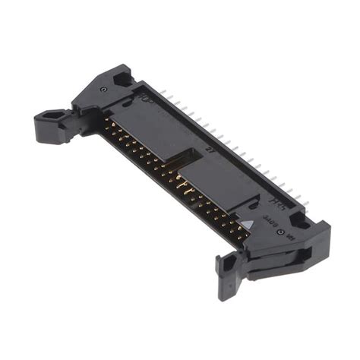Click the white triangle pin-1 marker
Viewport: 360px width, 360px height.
pyautogui.click(x=247, y=225)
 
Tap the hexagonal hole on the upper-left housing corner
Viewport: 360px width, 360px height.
pyautogui.click(x=122, y=76)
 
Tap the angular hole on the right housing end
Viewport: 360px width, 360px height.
pyautogui.click(x=298, y=221)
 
